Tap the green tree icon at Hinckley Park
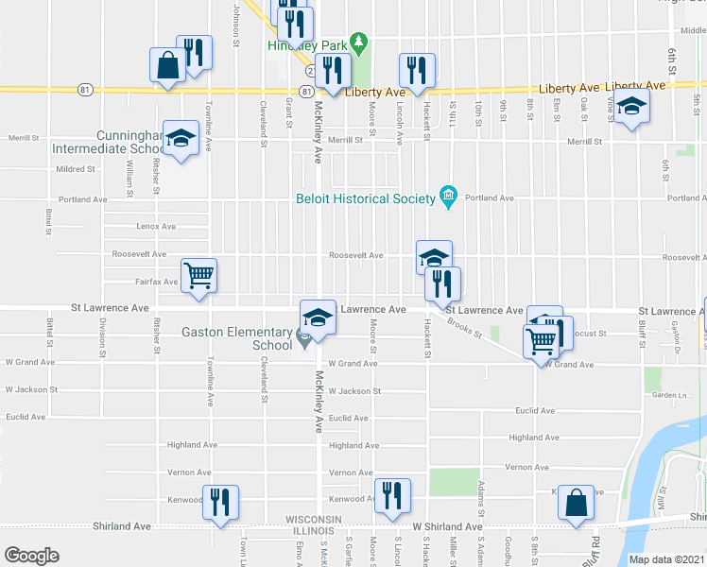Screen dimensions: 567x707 [358, 42]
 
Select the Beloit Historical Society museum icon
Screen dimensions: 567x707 [448, 198]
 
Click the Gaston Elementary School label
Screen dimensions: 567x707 [240, 338]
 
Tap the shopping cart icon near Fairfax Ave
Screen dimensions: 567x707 [198, 276]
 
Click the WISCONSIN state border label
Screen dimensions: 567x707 [313, 520]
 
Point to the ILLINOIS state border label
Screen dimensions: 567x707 [313, 530]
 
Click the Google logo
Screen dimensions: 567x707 [31, 555]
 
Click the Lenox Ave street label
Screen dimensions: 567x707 [156, 227]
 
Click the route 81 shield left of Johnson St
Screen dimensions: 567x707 [86, 90]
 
